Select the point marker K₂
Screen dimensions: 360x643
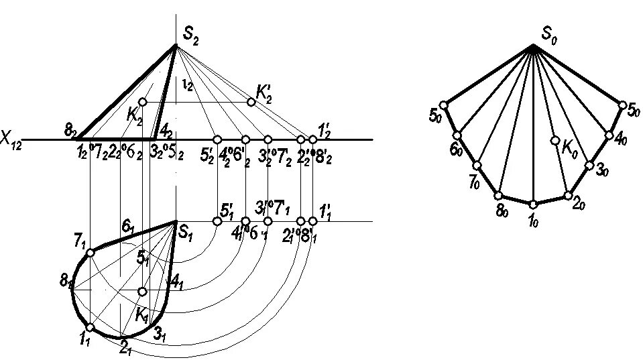click(142, 102)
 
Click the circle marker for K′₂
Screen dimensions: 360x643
click(251, 102)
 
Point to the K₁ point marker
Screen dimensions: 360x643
click(142, 292)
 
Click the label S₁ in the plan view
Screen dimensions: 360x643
click(186, 233)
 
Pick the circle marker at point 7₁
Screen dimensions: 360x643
click(91, 253)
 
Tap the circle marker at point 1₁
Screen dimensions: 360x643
click(90, 327)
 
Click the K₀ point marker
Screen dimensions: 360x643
click(555, 141)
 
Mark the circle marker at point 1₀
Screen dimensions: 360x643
click(533, 204)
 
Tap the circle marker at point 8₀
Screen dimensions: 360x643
click(498, 195)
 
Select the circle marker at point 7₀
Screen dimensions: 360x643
click(477, 166)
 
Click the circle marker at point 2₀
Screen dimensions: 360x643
click(568, 196)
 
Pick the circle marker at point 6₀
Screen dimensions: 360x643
click(457, 135)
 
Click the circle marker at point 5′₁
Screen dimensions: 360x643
click(217, 221)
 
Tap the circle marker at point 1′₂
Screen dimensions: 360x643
click(312, 139)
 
